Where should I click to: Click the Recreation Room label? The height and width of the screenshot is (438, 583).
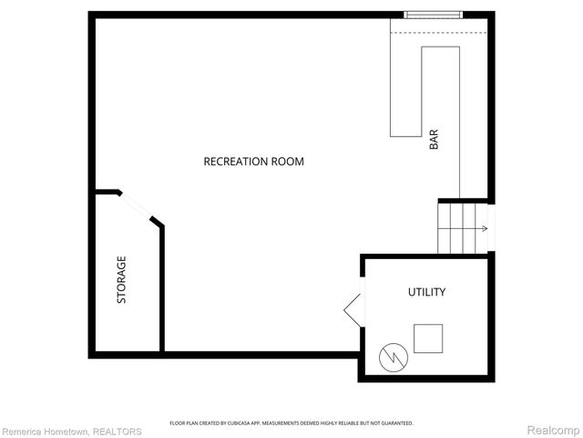[253, 162]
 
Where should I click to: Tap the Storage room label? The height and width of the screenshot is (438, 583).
[121, 279]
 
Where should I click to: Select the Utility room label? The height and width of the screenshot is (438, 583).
[425, 292]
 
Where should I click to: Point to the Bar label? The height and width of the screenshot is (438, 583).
[434, 140]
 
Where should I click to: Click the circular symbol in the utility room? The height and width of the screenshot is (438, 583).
[391, 356]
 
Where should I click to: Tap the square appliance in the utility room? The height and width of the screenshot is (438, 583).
[428, 339]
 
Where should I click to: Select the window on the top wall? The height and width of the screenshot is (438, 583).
[433, 15]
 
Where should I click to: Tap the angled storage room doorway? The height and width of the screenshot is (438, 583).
[137, 206]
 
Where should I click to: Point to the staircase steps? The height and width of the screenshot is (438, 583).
[462, 228]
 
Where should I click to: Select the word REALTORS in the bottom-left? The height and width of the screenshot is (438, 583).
[118, 432]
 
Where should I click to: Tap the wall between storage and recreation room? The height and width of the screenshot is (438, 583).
[162, 287]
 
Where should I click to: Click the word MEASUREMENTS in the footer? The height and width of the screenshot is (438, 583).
[291, 423]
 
